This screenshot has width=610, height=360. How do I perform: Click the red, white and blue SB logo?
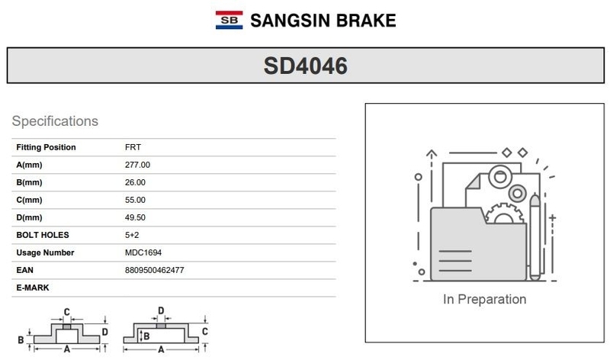[230, 20]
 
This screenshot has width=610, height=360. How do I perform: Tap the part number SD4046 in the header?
[306, 66]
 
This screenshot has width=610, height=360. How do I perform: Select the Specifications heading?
[55, 121]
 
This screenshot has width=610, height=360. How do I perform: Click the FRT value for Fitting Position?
[133, 147]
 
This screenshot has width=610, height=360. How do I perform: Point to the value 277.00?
[137, 165]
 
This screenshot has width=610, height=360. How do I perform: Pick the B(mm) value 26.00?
[135, 182]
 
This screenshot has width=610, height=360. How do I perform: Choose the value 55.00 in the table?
[135, 200]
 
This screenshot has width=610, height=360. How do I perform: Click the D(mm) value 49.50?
[135, 217]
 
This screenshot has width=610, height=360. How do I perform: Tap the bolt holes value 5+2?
[132, 235]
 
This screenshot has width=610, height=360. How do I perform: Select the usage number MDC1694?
[143, 252]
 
